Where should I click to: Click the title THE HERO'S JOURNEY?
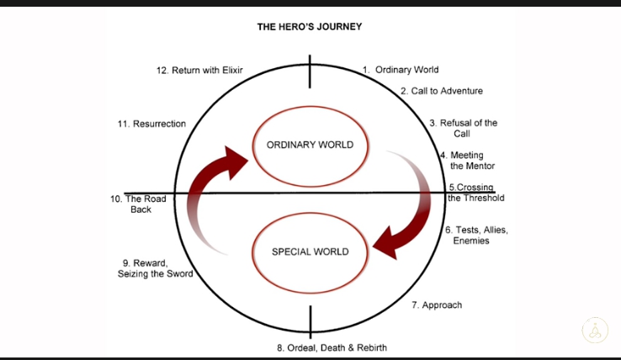point(310,27)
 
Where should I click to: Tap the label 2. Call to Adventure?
point(441,91)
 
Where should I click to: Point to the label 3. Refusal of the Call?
point(463,128)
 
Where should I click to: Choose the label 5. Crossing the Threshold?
point(476,193)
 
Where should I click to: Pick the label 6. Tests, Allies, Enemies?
point(476,236)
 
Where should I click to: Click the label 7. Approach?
point(437,304)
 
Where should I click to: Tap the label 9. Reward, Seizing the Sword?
point(155,268)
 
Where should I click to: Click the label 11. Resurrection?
point(151,124)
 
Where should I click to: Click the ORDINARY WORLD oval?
point(310,145)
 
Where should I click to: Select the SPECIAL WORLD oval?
point(310,251)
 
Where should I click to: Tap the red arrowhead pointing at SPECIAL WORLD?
point(389,244)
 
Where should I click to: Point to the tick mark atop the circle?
point(310,71)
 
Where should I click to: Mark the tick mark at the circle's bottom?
point(310,320)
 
